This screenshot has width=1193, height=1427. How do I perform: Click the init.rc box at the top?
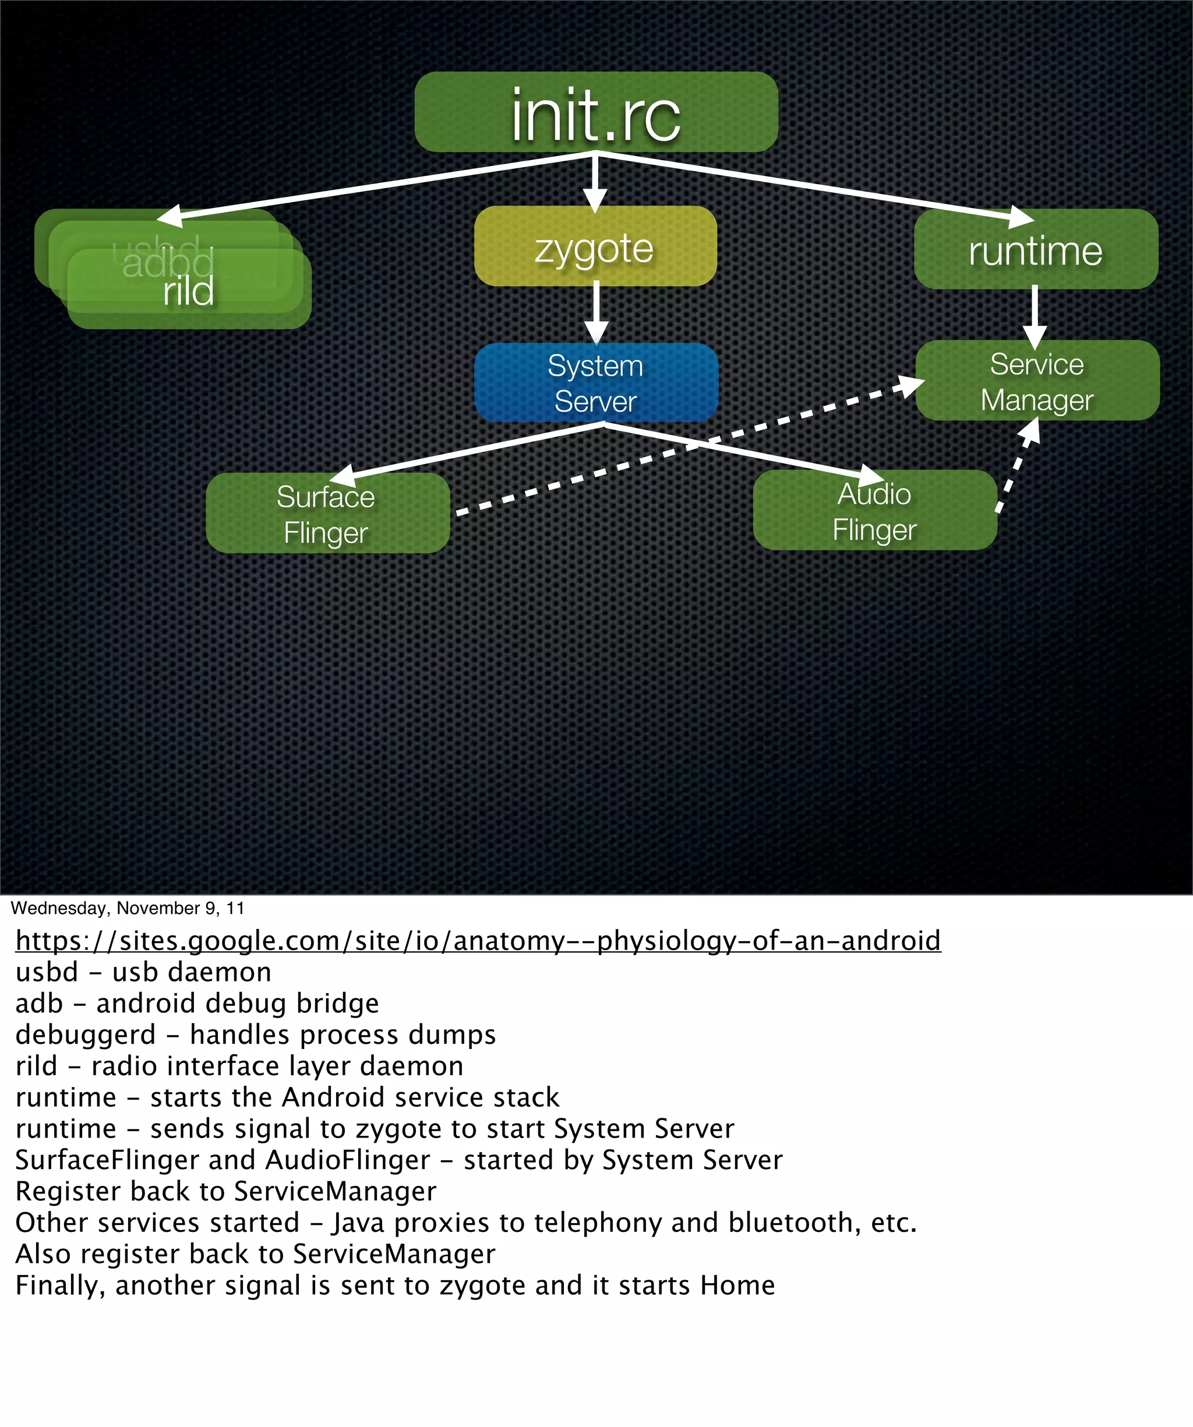click(595, 112)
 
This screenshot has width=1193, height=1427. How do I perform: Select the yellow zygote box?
click(595, 247)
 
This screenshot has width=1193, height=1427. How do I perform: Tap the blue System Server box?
click(595, 383)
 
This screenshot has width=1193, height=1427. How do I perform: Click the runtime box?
click(1035, 250)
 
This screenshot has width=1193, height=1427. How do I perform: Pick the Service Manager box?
click(1037, 381)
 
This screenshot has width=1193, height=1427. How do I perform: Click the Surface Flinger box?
click(327, 514)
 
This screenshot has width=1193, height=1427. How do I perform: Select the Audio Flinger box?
click(875, 511)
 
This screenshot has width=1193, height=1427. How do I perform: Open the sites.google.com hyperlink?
click(478, 941)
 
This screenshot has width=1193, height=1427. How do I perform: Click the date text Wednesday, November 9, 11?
click(127, 909)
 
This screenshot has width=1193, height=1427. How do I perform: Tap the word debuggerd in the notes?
click(86, 1035)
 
